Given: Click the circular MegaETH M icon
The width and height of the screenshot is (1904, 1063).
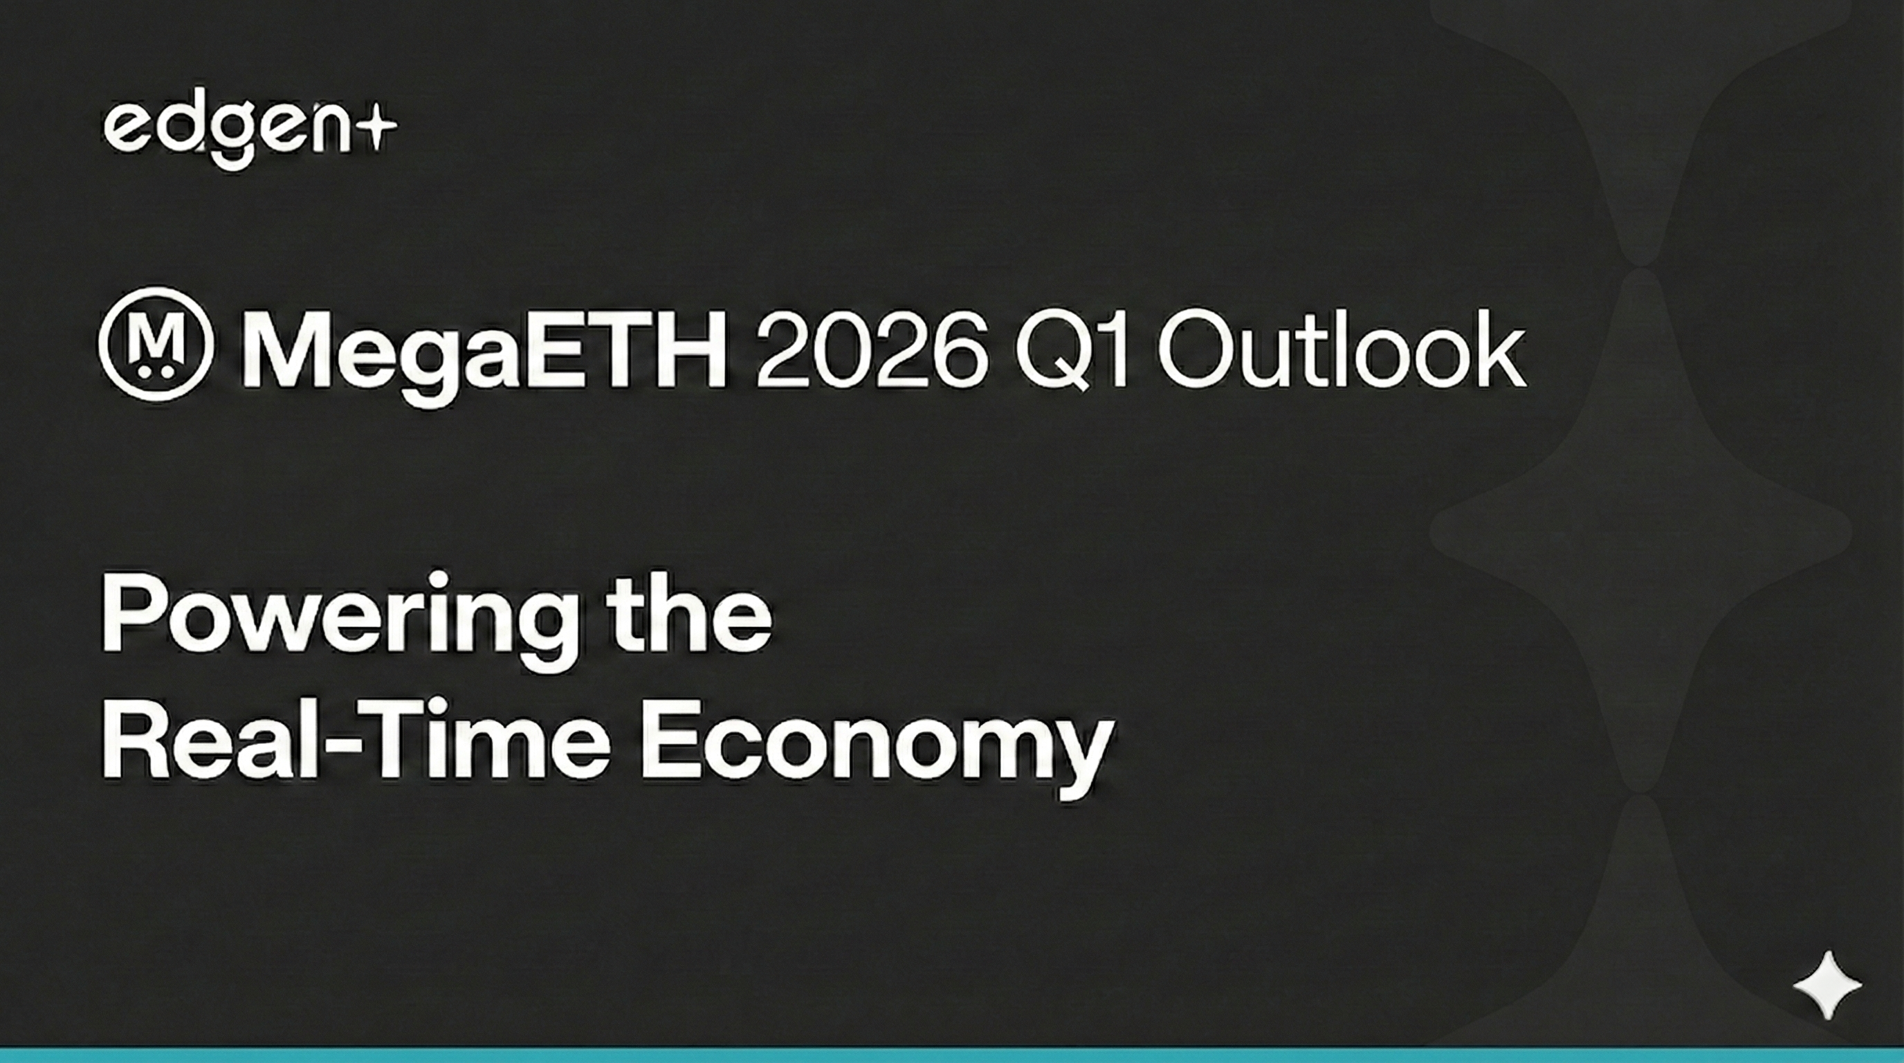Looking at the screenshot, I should (156, 345).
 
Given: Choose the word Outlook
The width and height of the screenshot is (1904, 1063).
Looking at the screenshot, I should (1342, 346).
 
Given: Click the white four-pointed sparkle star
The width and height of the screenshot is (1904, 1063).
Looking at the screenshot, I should (1827, 985).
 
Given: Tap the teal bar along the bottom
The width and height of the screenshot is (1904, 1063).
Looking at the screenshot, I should (952, 1055).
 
